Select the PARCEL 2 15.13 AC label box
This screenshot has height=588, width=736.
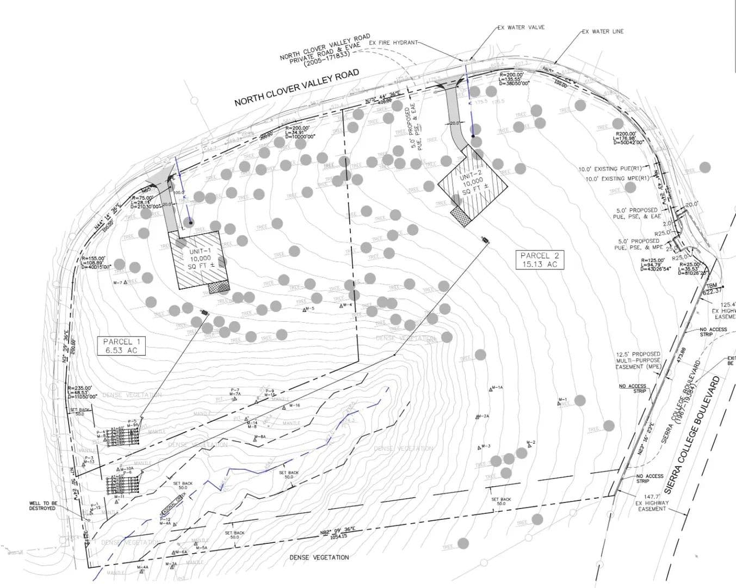coord(539,259)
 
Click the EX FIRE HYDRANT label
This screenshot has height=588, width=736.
coord(393,42)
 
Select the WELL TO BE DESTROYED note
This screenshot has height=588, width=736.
coord(42,506)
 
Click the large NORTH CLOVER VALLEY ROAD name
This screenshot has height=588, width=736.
coord(296,88)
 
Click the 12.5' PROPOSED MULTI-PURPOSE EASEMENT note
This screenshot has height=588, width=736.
coord(638,360)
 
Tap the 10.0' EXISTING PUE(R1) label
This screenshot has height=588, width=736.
coord(610,169)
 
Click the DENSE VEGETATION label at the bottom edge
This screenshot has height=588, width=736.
coord(319,558)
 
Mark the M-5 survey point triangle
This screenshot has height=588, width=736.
coord(305,309)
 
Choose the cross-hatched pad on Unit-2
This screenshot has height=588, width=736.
coord(461,216)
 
